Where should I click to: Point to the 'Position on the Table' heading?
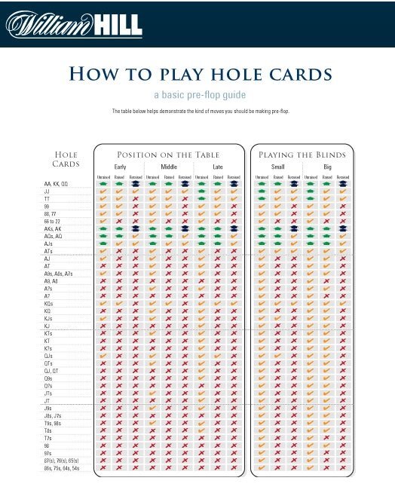click(167, 155)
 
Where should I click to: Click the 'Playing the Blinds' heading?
click(302, 155)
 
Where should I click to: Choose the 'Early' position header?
click(120, 167)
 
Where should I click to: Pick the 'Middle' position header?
click(168, 167)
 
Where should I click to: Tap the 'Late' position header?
click(217, 167)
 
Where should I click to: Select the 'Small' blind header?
click(277, 167)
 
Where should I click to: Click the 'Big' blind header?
click(326, 167)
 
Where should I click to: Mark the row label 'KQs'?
click(49, 302)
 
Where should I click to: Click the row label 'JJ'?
click(47, 191)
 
